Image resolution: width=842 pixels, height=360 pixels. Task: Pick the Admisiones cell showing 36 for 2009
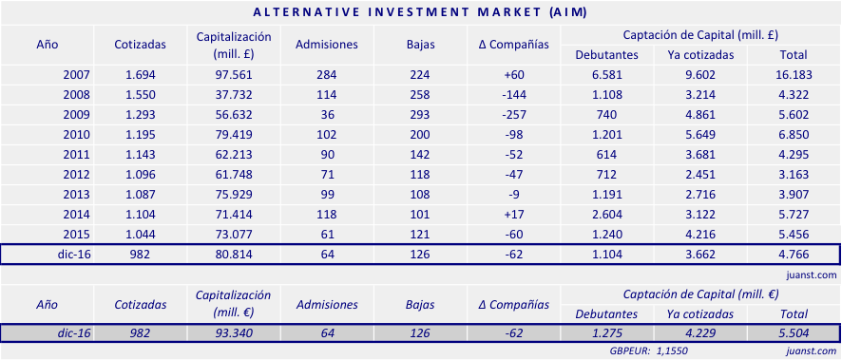pos(327,114)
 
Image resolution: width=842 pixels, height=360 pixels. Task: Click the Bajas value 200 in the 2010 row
pos(418,134)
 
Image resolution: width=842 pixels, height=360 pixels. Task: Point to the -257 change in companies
pos(514,114)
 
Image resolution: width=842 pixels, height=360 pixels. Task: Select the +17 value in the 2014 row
pos(514,214)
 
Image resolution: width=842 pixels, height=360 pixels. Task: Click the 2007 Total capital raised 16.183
pos(794,74)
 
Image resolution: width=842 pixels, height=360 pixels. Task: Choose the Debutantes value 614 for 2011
pos(605,154)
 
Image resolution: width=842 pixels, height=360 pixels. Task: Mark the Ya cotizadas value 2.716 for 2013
pos(700,194)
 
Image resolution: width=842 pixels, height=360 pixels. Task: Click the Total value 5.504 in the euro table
pos(794,333)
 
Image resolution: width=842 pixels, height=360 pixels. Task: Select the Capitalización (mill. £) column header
pos(234,45)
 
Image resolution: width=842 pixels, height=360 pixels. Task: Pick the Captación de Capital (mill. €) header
pos(699,294)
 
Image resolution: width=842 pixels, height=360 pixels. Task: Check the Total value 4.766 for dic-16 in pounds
pos(794,255)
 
